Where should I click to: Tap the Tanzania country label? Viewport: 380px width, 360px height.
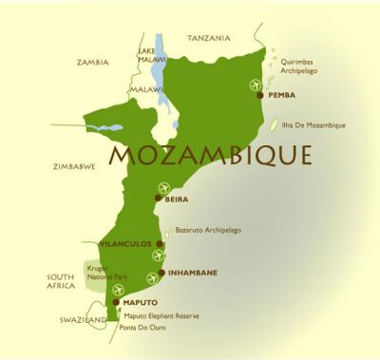tap(208, 39)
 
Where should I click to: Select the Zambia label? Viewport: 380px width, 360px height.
tap(92, 62)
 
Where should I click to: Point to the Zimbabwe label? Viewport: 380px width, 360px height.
tap(75, 166)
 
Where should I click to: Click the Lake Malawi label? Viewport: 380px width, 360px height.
tap(146, 53)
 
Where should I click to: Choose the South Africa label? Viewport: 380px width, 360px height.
tap(61, 282)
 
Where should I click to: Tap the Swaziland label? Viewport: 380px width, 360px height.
tap(80, 321)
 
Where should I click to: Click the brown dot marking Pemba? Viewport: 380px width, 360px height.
tap(263, 95)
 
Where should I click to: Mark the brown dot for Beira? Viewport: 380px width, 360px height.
tap(159, 199)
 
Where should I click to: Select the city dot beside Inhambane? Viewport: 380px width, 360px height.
tap(161, 273)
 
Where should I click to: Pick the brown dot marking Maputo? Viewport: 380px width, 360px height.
tap(116, 302)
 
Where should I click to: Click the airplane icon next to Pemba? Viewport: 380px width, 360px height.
tap(255, 85)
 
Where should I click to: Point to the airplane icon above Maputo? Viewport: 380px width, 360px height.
tap(119, 290)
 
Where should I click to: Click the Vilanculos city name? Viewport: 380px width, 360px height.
tap(125, 244)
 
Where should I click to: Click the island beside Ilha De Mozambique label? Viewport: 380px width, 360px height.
tap(275, 124)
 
